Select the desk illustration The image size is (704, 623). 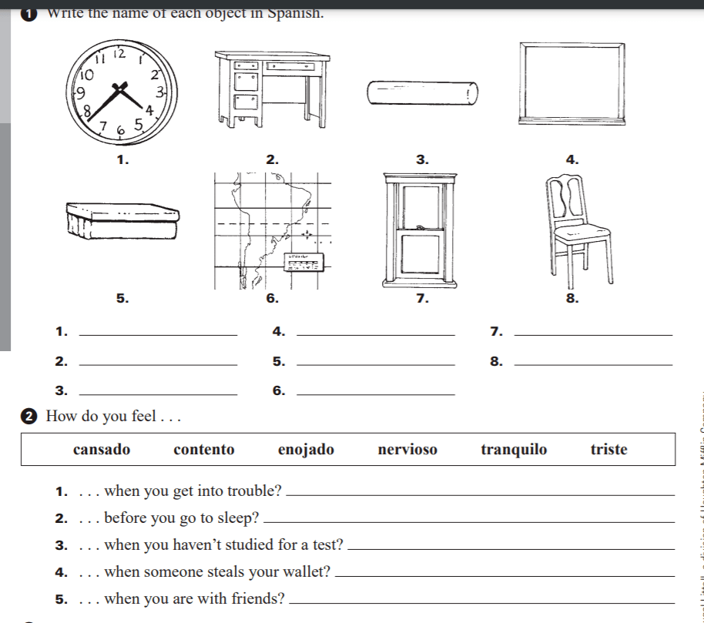click(x=271, y=88)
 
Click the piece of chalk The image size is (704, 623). click(x=422, y=93)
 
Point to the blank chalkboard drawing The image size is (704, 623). click(x=571, y=82)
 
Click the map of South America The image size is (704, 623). click(x=272, y=232)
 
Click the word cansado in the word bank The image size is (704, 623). click(x=102, y=450)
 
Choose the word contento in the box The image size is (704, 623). click(x=204, y=450)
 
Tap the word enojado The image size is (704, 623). click(x=306, y=450)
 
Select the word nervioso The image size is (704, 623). click(x=407, y=450)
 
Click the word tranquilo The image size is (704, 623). click(x=514, y=450)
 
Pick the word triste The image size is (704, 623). click(x=608, y=450)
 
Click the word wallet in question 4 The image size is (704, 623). click(x=308, y=572)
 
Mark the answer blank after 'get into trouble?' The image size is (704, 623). click(x=484, y=494)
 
